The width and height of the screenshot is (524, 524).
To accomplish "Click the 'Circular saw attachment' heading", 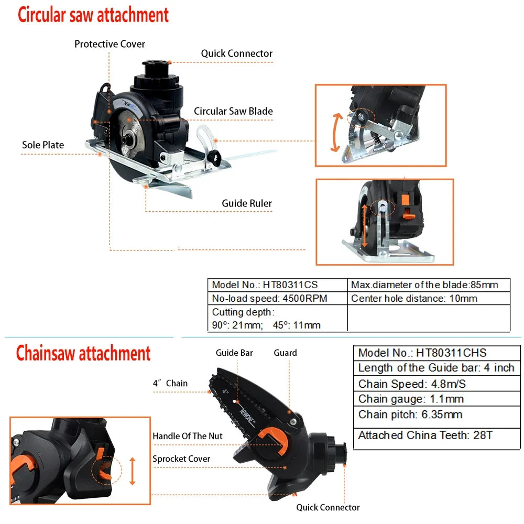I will click(93, 15).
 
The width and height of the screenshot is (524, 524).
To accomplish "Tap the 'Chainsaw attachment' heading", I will click(83, 353).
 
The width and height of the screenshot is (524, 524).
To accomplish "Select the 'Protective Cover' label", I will click(110, 44).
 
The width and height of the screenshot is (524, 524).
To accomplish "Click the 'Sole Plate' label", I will click(43, 145).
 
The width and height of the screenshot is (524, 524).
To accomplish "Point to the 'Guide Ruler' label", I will click(247, 203).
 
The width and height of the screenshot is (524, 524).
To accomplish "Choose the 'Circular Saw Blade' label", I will click(233, 111).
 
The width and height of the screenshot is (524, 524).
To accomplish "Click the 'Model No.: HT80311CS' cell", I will click(265, 285).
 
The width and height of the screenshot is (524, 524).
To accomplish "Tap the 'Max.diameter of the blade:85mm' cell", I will click(424, 285).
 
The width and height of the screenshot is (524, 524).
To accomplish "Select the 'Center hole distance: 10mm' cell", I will click(414, 298).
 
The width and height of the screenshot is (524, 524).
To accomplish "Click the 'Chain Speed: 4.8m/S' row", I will click(412, 384).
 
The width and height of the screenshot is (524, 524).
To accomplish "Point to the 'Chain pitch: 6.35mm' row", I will click(410, 414).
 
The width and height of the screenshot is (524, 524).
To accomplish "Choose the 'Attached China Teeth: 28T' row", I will click(425, 435).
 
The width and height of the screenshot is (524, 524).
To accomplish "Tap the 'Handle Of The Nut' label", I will click(188, 436).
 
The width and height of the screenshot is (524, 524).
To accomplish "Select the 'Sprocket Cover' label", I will click(181, 458).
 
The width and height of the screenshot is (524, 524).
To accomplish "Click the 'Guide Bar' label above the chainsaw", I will click(234, 353).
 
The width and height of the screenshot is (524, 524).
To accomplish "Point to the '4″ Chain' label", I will click(170, 383).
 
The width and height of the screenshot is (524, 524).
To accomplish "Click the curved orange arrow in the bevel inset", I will click(336, 132).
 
